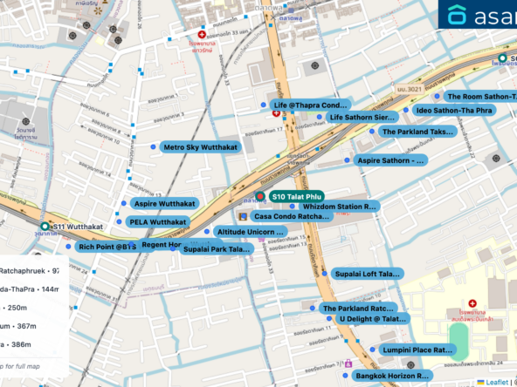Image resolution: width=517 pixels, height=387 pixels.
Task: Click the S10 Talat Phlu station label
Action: coord(297,197)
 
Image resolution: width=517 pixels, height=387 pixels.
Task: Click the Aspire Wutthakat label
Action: coord(164,203)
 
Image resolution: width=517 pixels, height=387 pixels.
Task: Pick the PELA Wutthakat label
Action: coord(158,222)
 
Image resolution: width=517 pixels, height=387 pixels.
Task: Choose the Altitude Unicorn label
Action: coord(250,232)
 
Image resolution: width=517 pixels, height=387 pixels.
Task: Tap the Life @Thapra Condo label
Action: coord(310,105)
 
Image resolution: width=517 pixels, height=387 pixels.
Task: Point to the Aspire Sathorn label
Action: coord(389,160)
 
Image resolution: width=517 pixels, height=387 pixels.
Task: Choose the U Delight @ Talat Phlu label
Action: coord(371,319)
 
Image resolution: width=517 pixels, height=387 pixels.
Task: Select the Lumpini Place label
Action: coord(417,350)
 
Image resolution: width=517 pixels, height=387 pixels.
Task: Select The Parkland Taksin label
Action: coord(417,132)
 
